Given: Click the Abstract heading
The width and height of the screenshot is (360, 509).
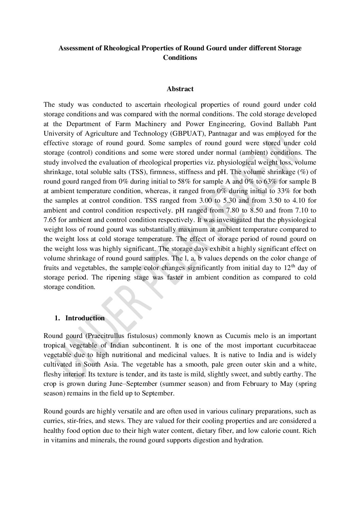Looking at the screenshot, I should point(180,89).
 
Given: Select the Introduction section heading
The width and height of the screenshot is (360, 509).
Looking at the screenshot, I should point(85,318).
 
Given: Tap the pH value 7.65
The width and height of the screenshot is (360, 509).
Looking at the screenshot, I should point(50,220).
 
